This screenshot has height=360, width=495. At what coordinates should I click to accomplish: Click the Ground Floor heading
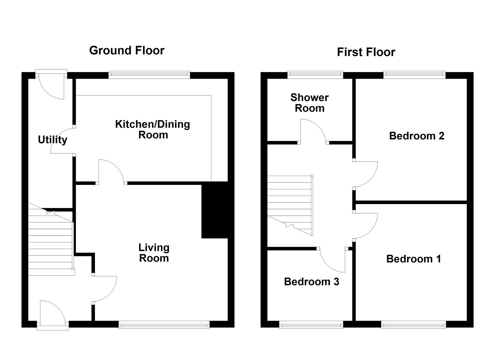[127, 50]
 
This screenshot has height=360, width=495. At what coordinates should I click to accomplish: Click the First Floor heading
[366, 52]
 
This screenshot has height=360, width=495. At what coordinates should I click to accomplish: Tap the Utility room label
[53, 140]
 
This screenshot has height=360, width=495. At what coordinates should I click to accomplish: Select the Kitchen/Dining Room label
[153, 130]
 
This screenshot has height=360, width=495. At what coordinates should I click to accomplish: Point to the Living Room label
[154, 253]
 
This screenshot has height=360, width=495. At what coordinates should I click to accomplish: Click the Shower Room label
[310, 103]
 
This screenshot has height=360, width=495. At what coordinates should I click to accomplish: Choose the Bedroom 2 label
[417, 136]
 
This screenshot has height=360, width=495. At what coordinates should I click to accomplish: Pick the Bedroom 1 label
[414, 259]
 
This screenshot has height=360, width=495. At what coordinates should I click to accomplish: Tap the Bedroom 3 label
[312, 282]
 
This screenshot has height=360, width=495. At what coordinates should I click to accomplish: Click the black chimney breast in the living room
[215, 210]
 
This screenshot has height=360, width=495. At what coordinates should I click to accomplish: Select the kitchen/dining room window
[149, 75]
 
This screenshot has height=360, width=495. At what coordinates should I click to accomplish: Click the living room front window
[164, 324]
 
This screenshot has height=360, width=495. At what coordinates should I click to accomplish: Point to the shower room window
[315, 75]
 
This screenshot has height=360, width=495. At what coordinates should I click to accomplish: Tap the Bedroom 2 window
[414, 75]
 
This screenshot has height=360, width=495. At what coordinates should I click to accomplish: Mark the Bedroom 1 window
[413, 324]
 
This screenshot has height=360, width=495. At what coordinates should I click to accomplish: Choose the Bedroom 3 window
[311, 324]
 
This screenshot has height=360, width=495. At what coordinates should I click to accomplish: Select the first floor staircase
[290, 206]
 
